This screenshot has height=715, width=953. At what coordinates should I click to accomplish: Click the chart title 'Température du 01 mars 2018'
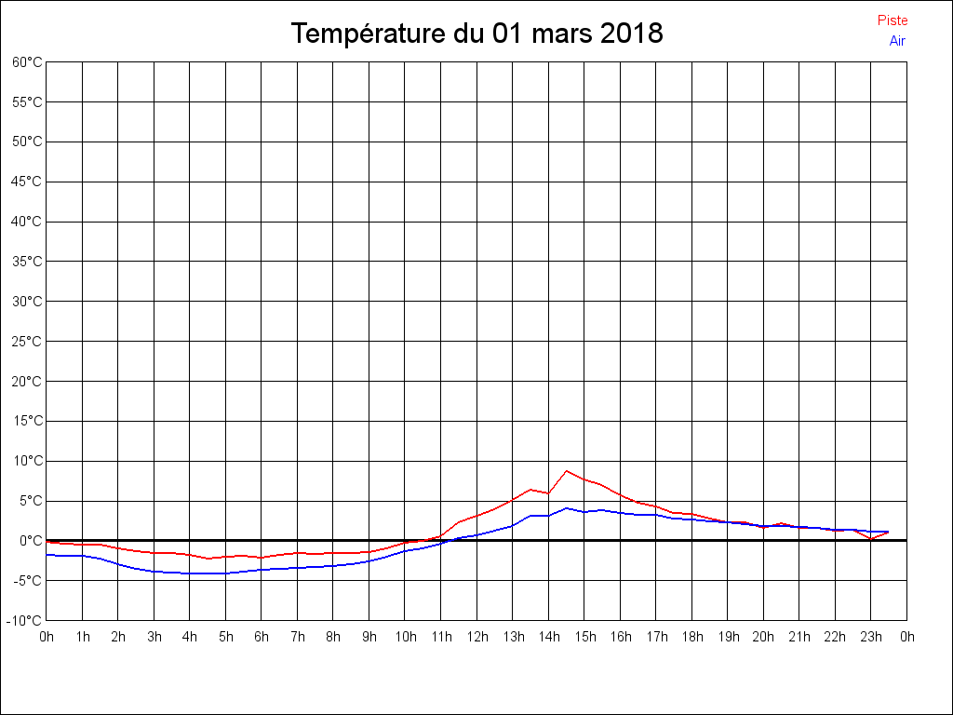pos(476,34)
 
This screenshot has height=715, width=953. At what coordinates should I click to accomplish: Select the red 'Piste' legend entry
pos(893,20)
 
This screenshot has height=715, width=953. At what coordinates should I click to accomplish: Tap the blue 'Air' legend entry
pos(897,40)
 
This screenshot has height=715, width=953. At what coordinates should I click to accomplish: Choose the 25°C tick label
pos(27,341)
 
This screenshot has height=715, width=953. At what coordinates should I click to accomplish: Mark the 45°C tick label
pos(27,182)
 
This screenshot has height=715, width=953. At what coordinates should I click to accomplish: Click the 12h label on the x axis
pos(476,637)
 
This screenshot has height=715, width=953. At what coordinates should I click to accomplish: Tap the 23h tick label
pos(871,637)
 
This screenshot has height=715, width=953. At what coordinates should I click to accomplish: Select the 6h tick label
pos(262,637)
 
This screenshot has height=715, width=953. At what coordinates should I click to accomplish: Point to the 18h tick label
pos(691,637)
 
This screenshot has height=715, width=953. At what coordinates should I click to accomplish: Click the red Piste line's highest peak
pos(566,471)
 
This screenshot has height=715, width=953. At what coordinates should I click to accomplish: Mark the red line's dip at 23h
pos(871,538)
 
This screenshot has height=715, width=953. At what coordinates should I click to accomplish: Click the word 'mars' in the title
pos(561,34)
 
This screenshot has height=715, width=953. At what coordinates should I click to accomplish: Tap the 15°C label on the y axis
pos(27,421)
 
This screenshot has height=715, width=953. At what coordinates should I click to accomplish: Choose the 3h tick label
pos(154,637)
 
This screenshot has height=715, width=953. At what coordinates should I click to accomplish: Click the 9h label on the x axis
pos(369,637)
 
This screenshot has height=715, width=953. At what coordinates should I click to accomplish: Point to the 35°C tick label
pos(27,262)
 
